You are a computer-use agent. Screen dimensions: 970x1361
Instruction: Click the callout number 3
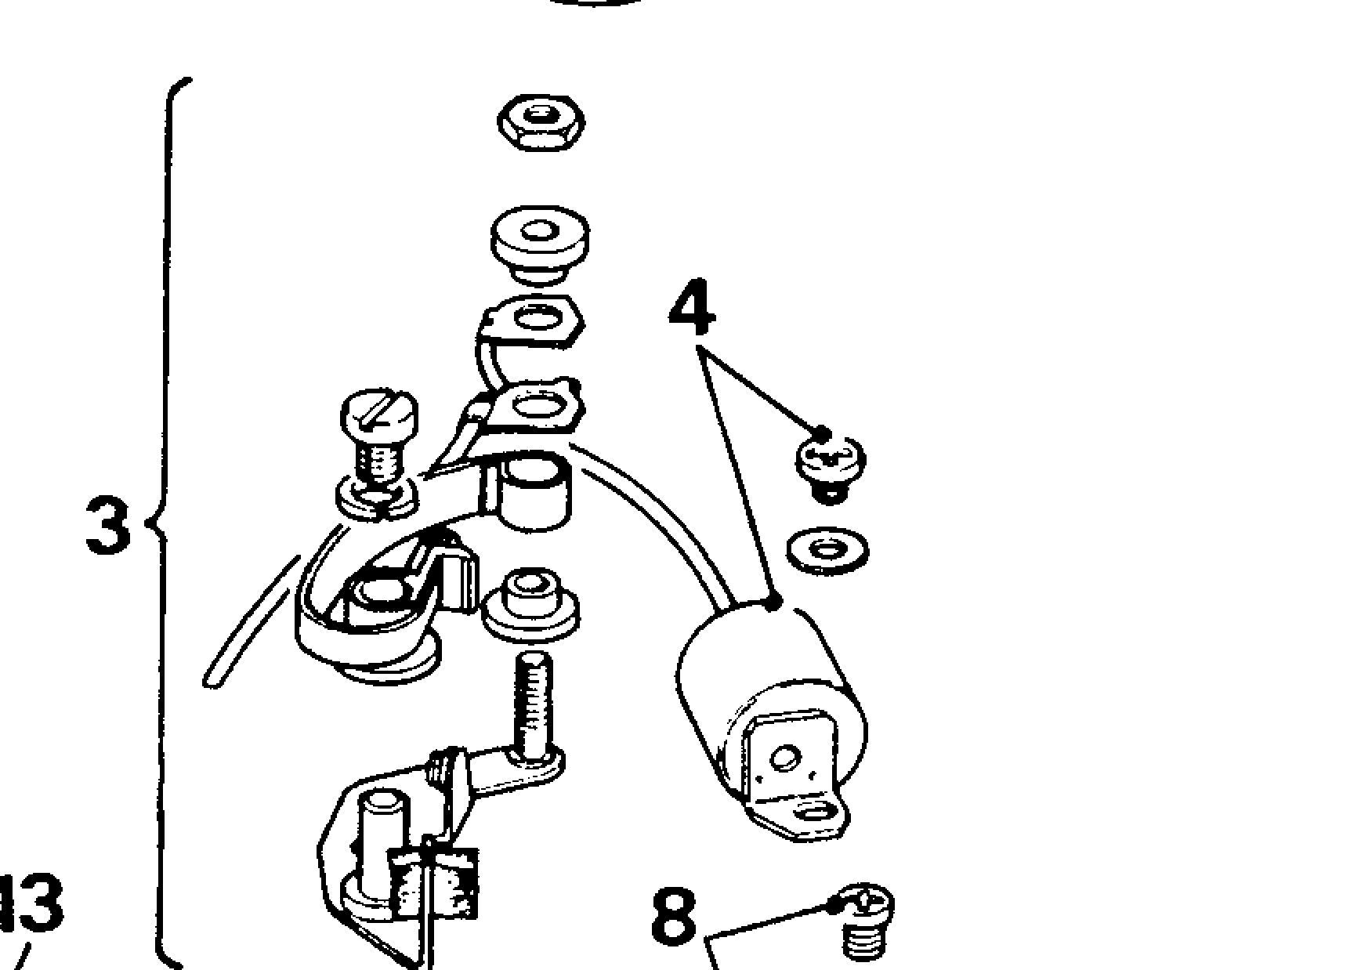point(107,524)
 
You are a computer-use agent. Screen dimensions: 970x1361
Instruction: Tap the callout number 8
point(674,915)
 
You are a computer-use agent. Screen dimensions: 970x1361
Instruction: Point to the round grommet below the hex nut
point(540,241)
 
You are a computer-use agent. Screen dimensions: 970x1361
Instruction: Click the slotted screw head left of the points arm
point(379,414)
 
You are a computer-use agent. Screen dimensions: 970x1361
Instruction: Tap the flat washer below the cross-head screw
point(827,549)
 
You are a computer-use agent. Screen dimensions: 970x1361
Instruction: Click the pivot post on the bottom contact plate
point(383,838)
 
